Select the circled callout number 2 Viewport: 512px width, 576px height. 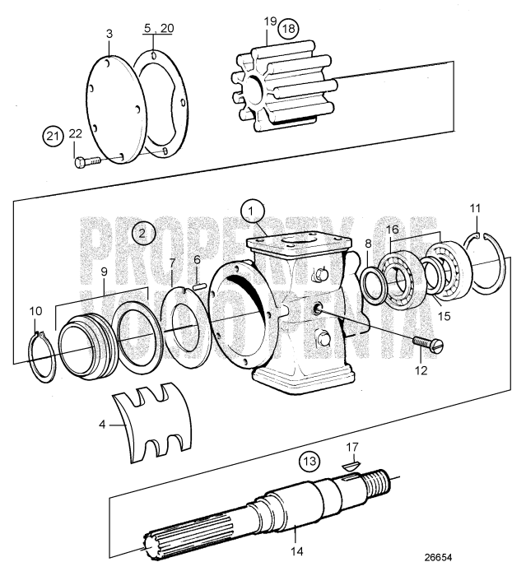coord(142,233)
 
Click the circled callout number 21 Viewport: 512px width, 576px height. coord(53,137)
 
